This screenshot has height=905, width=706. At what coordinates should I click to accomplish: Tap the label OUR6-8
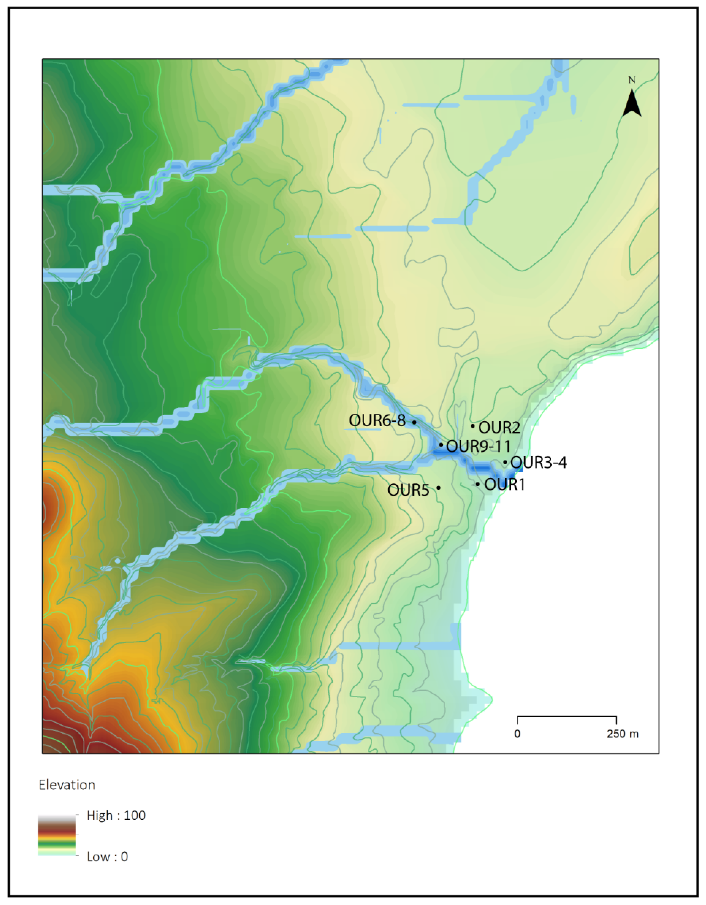coord(377,421)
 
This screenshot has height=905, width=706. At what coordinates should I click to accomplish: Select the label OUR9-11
coord(478,447)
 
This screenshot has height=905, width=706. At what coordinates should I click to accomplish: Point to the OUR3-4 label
coord(539,462)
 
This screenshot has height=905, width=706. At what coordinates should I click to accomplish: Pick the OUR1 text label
coord(505,484)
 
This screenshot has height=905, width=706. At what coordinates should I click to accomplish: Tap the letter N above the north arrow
coord(632,80)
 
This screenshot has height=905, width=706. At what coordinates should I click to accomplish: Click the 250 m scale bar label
coord(623,734)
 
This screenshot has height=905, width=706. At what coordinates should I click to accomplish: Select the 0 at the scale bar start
coord(517,734)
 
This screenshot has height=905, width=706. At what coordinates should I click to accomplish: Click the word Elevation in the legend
coord(67,785)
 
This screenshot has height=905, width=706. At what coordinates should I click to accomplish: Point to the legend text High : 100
coord(116,816)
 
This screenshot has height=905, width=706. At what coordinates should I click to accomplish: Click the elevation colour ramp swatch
coord(57,835)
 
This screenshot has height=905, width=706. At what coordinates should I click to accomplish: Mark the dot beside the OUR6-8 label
coord(414,422)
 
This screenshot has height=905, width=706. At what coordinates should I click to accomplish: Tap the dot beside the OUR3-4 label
coord(505,462)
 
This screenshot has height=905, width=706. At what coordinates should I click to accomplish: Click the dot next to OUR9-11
coord(441,445)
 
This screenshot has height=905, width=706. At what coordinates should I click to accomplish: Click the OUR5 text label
coord(408,490)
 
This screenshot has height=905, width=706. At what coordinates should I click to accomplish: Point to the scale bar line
coord(567,716)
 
